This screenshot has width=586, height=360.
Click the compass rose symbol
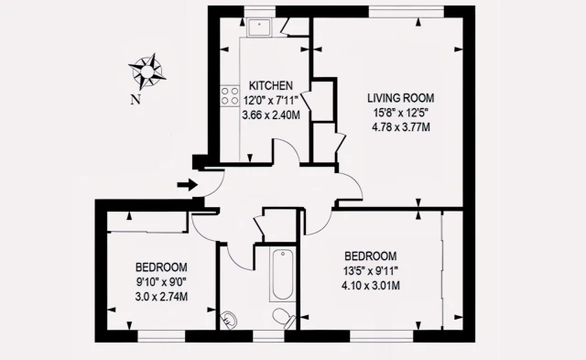(x=147, y=71)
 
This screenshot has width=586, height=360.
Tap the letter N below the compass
(x=136, y=100)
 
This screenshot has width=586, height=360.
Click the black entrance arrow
(x=187, y=184)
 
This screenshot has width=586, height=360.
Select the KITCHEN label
(x=271, y=85)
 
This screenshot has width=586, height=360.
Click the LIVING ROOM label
(x=401, y=98)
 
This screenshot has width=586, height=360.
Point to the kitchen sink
(x=258, y=27)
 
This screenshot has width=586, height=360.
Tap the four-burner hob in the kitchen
(x=230, y=95)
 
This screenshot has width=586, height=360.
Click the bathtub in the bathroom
(x=283, y=275)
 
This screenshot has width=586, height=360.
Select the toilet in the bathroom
(x=284, y=318)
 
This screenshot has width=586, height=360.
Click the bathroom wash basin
(x=229, y=321)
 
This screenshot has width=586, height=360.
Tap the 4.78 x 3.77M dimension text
(x=401, y=127)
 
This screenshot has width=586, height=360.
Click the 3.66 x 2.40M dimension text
(x=271, y=115)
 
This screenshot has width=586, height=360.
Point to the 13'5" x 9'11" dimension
(x=370, y=270)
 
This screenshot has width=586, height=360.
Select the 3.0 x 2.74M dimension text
(x=161, y=297)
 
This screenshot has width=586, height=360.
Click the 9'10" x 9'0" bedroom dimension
(x=161, y=282)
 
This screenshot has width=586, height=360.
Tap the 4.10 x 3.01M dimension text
(x=370, y=286)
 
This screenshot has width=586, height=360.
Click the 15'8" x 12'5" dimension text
(x=401, y=113)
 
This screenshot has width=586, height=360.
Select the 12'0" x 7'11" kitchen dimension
(x=271, y=100)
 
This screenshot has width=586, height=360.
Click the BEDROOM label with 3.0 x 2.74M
(x=161, y=267)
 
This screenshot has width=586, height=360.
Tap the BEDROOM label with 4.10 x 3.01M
(x=370, y=256)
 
